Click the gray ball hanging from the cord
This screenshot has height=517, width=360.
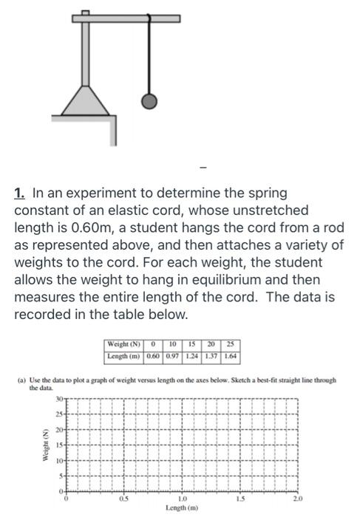coord(149,101)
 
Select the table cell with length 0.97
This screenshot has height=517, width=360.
coord(172,356)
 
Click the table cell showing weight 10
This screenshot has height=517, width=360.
coord(172,345)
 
